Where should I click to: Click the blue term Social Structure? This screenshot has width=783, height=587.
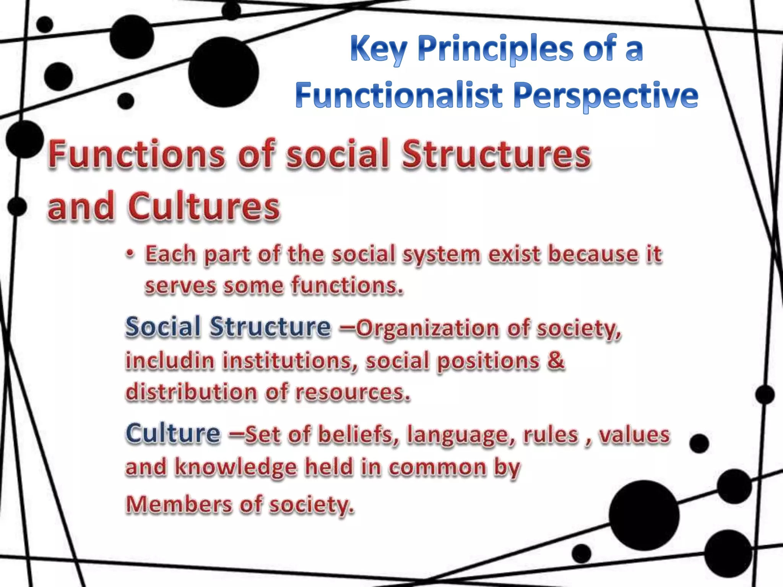pos(228,327)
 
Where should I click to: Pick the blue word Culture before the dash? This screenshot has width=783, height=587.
pos(173,433)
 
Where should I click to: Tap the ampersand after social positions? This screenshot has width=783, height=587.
pos(556,360)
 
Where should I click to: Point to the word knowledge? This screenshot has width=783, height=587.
pos(236,467)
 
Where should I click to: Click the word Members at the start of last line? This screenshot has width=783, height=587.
pos(179,504)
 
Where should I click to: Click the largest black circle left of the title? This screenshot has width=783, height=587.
pos(223,72)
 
